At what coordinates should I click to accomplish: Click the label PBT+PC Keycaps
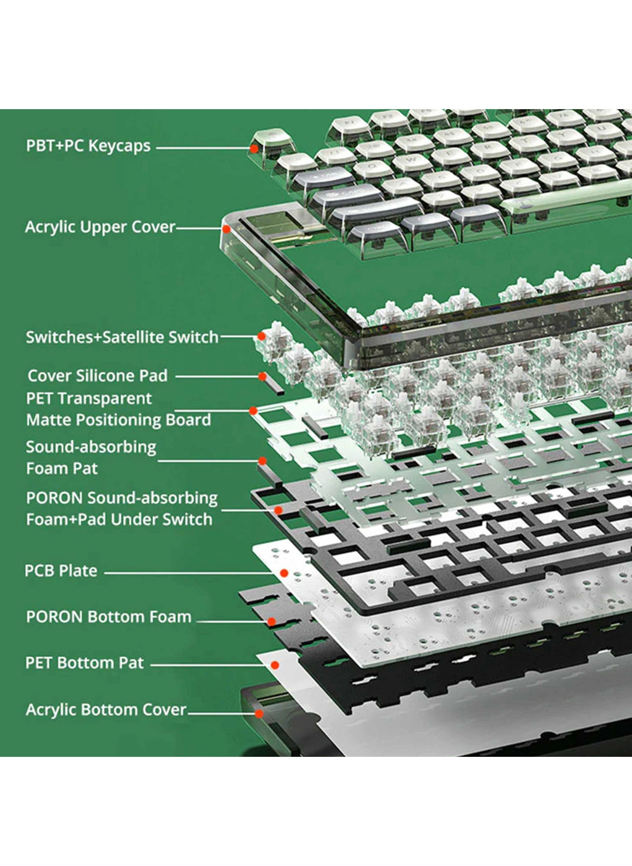click(x=88, y=146)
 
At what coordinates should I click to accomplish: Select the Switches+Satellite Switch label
click(x=122, y=337)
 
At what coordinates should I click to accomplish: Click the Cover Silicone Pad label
click(x=97, y=376)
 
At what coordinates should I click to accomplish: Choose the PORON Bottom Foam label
click(x=109, y=617)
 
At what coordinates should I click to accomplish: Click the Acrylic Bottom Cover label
click(x=106, y=710)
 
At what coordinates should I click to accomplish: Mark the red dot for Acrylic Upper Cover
click(x=227, y=229)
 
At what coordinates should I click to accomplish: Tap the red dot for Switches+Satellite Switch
click(x=261, y=336)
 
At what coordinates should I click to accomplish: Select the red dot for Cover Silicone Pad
click(x=262, y=376)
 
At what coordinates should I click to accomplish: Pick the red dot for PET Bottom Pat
click(x=275, y=665)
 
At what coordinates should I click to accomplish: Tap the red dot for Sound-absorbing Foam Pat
click(x=262, y=461)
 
